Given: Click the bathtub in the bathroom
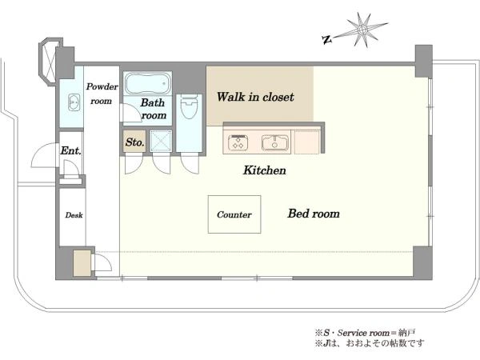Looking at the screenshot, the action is click(147, 83).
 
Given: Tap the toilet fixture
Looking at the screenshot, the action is click(189, 107).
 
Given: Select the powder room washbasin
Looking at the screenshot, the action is click(74, 102).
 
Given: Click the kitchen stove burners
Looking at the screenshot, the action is click(238, 142).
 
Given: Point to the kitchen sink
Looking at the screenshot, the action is click(275, 143).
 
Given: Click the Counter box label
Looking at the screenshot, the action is click(234, 214).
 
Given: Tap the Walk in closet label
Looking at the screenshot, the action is click(255, 97).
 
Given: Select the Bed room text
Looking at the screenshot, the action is click(314, 214).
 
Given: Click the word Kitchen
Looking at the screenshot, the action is click(265, 170).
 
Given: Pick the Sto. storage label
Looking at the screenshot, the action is click(134, 142).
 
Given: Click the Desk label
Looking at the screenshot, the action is click(74, 215).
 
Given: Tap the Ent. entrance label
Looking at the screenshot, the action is click(70, 150).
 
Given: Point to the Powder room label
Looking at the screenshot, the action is click(102, 94).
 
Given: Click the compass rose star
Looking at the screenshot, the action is click(362, 30).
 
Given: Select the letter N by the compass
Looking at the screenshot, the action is click(327, 39).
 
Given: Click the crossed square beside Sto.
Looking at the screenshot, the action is click(161, 141).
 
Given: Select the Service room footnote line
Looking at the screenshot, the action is click(365, 333).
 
